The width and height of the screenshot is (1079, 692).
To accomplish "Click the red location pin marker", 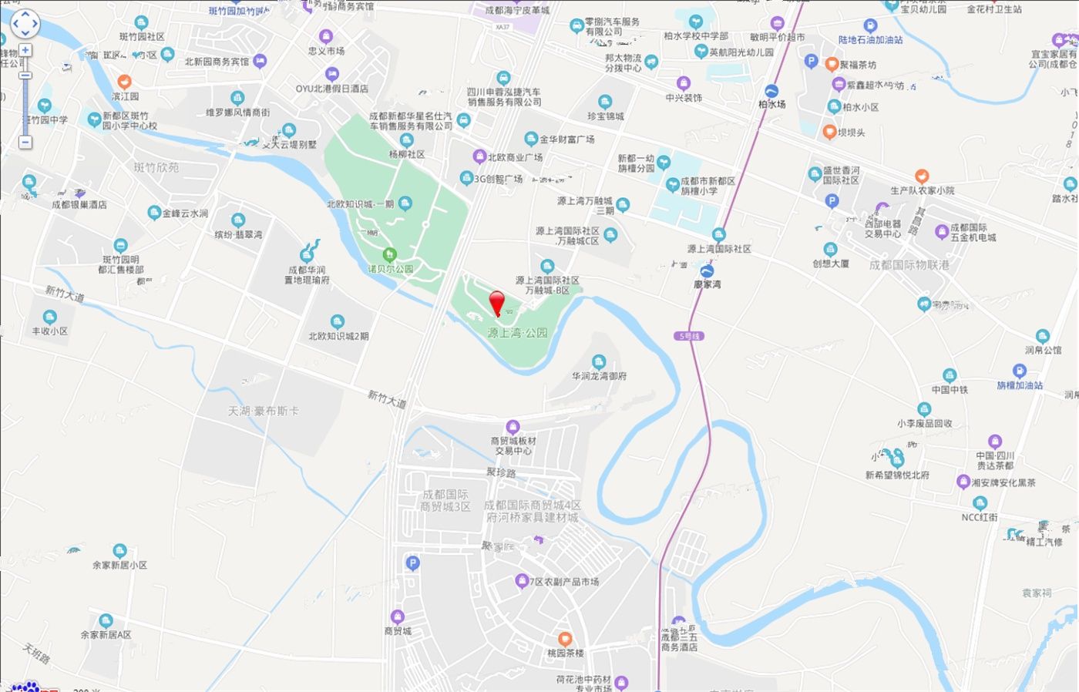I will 497,302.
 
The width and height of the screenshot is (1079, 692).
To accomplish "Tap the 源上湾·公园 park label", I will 517,333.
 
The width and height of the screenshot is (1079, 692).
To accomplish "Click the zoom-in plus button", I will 25,50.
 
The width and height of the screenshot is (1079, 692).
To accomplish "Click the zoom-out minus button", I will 25,143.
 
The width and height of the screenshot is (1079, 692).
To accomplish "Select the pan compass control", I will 25,24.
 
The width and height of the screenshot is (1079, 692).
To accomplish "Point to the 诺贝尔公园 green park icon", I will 390,254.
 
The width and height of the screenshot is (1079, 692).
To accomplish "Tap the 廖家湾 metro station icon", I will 707,271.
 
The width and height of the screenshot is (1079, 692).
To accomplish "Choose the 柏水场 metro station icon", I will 771,91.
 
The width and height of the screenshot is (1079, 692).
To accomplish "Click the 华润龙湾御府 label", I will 599,376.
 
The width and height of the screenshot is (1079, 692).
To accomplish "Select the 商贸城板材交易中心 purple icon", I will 513,427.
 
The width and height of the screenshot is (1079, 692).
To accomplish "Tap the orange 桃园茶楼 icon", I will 565,639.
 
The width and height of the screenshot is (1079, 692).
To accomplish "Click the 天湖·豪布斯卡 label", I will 263,411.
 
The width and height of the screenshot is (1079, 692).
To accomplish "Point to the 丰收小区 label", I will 49,331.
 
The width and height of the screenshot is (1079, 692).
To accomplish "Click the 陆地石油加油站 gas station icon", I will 870,26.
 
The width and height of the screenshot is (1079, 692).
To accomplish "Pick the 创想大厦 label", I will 830,264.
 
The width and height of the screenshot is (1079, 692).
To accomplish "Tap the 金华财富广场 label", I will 566,139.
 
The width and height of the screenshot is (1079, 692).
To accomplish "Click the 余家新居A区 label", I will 106,635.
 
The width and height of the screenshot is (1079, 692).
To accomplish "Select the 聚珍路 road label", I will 500,472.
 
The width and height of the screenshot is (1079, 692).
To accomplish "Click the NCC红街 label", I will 979,517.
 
